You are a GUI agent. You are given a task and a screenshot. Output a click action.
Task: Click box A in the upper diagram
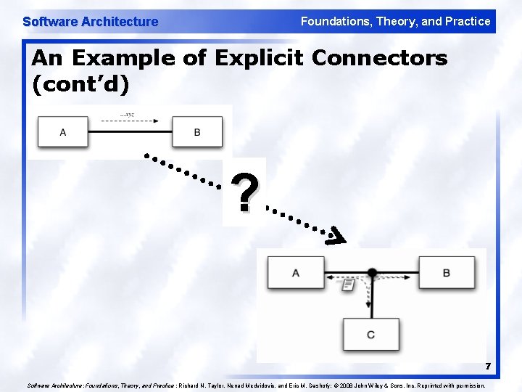click(x=63, y=131)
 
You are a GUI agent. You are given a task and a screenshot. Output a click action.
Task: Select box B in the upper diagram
click(x=196, y=131)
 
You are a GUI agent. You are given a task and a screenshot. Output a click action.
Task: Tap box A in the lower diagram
click(x=295, y=273)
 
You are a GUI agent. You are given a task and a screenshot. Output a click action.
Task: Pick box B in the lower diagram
click(x=447, y=273)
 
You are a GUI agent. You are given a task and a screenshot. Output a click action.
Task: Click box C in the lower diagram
click(x=371, y=335)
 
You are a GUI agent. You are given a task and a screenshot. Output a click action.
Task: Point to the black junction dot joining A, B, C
click(x=372, y=273)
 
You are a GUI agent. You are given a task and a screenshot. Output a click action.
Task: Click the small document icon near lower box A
click(x=349, y=285)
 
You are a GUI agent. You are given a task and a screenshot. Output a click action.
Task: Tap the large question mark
click(x=246, y=192)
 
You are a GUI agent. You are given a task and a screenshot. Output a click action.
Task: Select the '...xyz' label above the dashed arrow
click(x=128, y=115)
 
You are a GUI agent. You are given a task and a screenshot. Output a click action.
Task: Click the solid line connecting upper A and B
click(x=130, y=131)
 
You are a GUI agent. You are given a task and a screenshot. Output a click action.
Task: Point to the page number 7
click(x=488, y=366)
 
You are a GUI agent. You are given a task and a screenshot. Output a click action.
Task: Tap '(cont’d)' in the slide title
click(x=80, y=85)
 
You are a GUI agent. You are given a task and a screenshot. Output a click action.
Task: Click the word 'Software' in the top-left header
click(x=49, y=22)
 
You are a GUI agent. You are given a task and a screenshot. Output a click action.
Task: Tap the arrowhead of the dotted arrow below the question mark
click(x=336, y=236)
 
